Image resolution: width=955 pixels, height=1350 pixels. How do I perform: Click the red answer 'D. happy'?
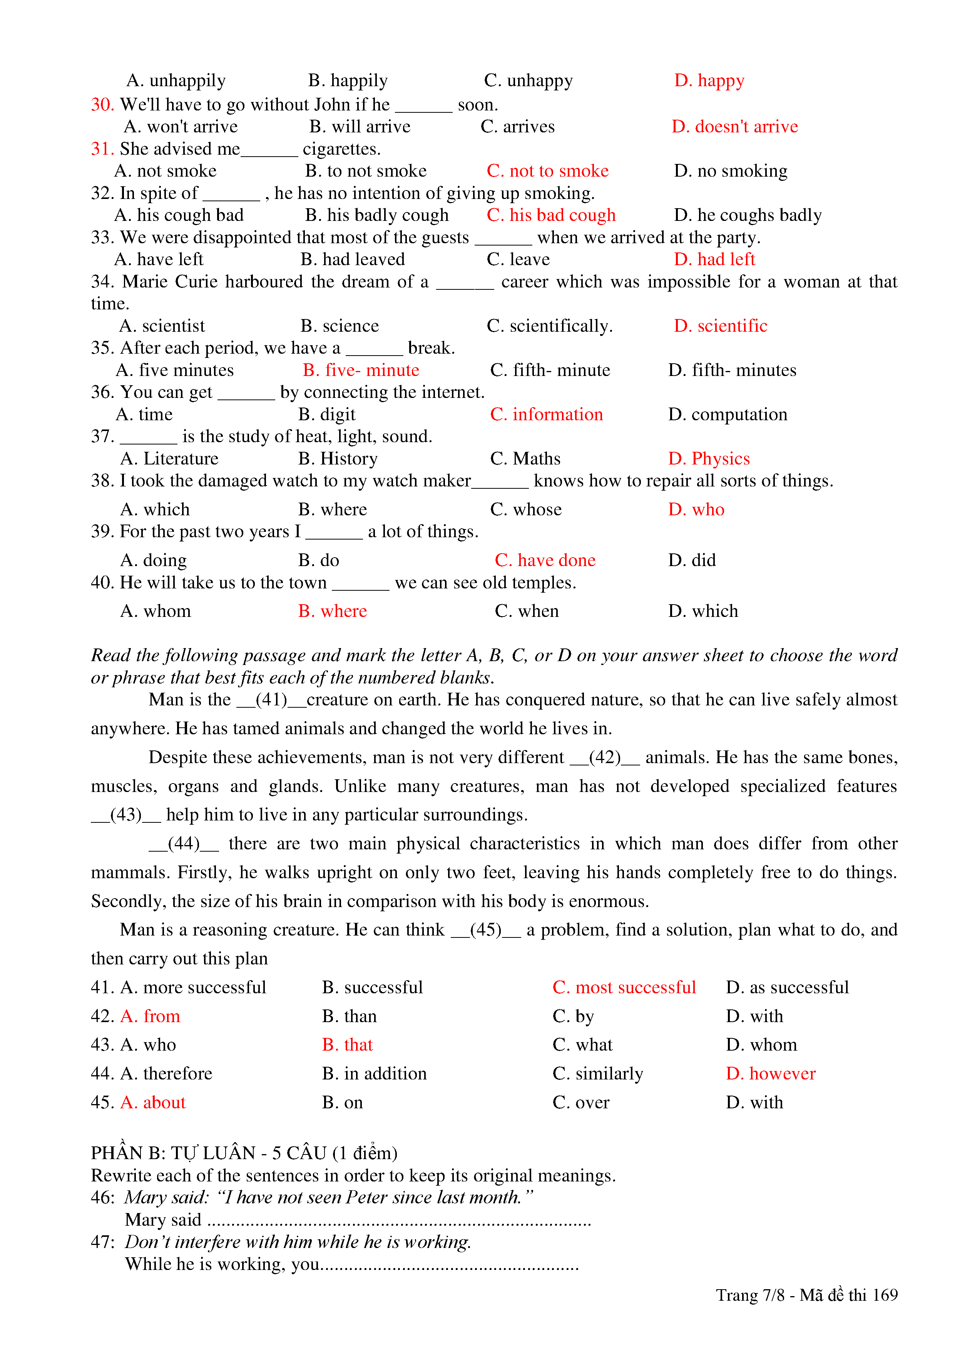point(709,80)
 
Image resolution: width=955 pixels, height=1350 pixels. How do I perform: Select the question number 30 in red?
point(102,105)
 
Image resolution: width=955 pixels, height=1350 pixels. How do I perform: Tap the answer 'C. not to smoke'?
point(547,171)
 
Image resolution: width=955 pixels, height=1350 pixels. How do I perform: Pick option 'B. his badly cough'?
point(376,215)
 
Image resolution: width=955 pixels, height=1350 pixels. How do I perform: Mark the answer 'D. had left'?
point(714,259)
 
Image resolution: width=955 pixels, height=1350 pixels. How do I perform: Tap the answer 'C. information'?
point(546,414)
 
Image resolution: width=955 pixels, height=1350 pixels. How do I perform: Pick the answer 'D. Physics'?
point(709,459)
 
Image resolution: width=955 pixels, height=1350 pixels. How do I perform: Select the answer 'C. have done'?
point(545,560)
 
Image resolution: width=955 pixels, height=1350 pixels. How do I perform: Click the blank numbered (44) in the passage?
point(184,844)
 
